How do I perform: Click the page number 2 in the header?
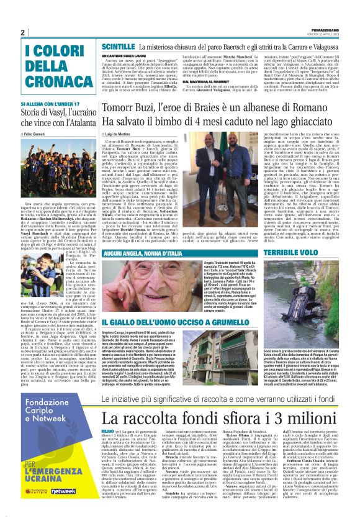pyautogui.click(x=23, y=33)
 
